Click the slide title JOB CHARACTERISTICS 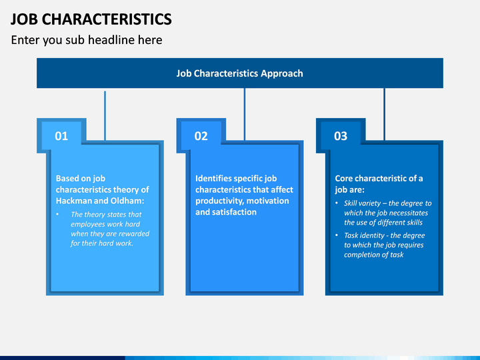click(x=91, y=19)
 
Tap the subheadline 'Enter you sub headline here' click(x=87, y=40)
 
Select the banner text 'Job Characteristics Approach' click(x=240, y=73)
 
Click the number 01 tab click(x=61, y=136)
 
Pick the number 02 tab click(x=201, y=136)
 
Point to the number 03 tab click(x=341, y=136)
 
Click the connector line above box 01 click(x=105, y=116)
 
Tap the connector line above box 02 click(x=245, y=114)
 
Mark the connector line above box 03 click(x=384, y=114)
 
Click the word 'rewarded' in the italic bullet click(x=135, y=233)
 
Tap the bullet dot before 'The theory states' click(x=57, y=214)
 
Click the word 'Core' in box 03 click(x=344, y=179)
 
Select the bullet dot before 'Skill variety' click(x=337, y=203)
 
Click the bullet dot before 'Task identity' click(x=337, y=235)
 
